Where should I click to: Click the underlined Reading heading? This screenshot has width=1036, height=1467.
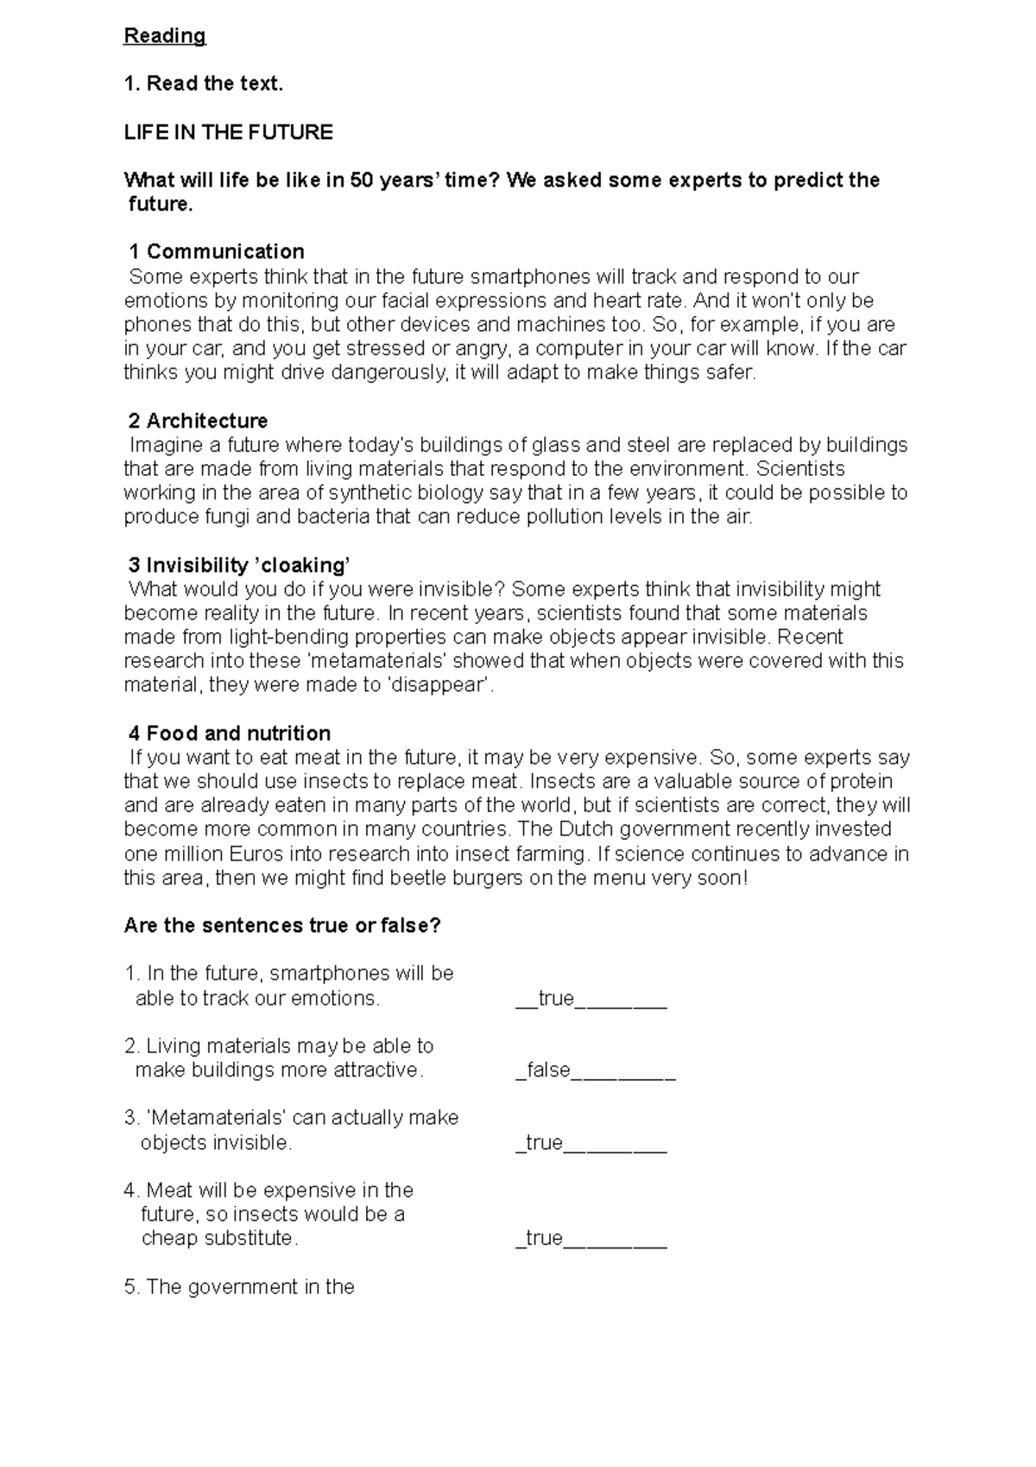(x=165, y=36)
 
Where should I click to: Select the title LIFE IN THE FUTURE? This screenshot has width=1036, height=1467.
(x=228, y=132)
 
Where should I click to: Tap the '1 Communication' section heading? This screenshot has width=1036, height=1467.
(x=216, y=251)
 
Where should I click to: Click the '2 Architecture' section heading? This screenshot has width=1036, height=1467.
(x=198, y=421)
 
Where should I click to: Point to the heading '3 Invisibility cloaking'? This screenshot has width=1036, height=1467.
(x=238, y=565)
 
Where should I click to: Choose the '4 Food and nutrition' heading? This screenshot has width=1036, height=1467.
(x=230, y=733)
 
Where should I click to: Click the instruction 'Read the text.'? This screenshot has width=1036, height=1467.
(x=204, y=84)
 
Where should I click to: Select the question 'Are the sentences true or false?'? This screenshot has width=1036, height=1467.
(x=282, y=925)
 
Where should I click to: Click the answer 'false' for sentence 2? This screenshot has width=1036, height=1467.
(x=548, y=1070)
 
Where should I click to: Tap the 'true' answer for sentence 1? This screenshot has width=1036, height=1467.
(x=556, y=999)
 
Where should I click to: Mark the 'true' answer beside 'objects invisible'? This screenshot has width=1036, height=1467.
(x=544, y=1143)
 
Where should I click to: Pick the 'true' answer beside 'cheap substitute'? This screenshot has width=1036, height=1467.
(x=544, y=1238)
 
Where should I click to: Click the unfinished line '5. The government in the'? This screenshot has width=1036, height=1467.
(x=239, y=1287)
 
